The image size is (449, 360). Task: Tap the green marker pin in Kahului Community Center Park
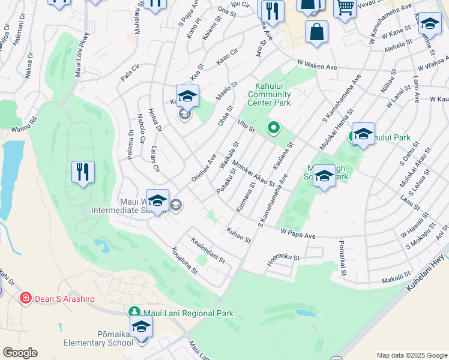[x=274, y=127]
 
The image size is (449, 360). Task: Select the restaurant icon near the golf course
[x=83, y=172]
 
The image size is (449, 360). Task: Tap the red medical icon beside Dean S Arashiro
[x=25, y=298]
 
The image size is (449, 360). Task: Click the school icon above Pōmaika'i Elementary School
[x=142, y=327]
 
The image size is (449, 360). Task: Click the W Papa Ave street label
[x=298, y=234]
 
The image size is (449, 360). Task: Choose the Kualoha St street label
[x=184, y=261]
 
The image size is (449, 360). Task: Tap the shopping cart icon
[x=345, y=8]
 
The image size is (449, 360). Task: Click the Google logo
[x=20, y=353]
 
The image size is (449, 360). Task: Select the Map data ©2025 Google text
[x=411, y=355]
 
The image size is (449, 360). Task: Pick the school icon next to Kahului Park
[x=363, y=134]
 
